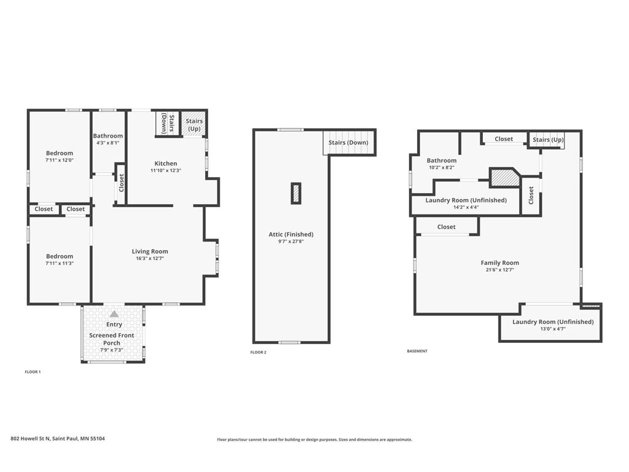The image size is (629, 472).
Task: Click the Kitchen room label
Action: [165, 163]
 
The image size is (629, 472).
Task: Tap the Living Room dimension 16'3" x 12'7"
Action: [149, 259]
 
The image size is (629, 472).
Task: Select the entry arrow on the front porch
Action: [114, 314]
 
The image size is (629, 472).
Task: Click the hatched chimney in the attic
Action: [297, 193]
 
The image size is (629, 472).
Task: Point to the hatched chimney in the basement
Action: [504, 178]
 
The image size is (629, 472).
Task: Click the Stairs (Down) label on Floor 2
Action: [348, 143]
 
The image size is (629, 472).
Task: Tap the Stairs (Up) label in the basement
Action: [548, 140]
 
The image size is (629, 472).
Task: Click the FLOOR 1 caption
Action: [33, 372]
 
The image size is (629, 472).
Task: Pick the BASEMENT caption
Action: [417, 351]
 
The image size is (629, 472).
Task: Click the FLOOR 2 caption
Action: [259, 352]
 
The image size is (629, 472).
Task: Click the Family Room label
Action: [499, 262]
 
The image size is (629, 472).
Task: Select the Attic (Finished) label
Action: [291, 234]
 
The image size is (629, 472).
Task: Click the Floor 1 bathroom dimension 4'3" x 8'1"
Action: [108, 143]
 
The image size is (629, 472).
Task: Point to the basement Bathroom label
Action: [442, 160]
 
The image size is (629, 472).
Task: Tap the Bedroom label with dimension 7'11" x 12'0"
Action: [60, 153]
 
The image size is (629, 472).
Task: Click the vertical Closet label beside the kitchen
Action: [121, 183]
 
